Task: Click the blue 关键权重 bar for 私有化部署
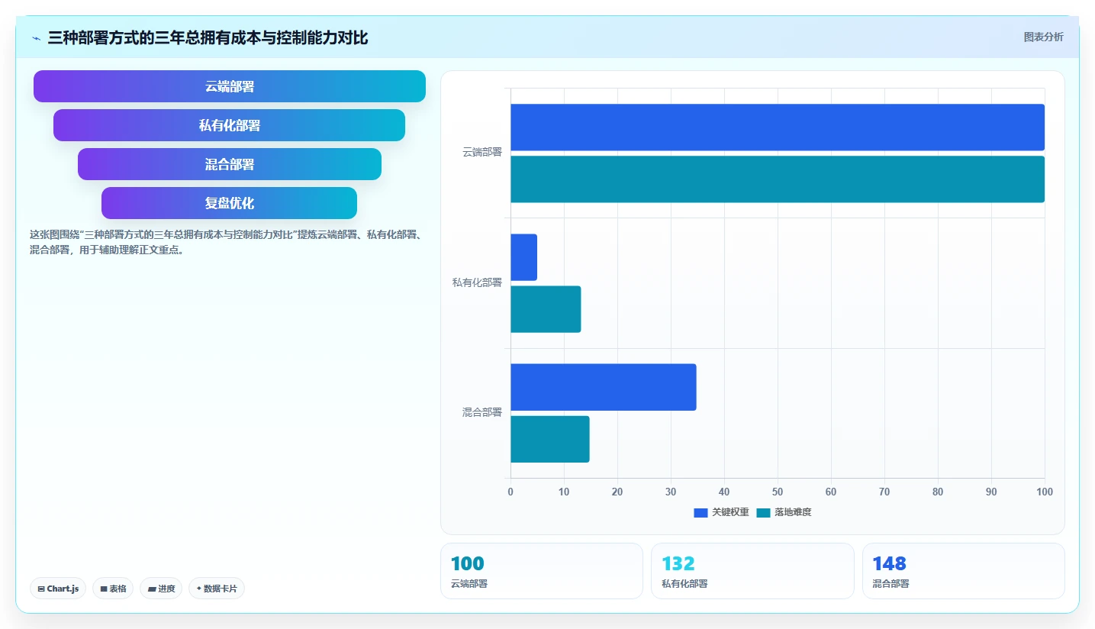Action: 524,257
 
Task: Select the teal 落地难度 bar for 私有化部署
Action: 546,309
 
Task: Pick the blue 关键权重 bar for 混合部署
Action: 604,387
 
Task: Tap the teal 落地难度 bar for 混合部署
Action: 550,439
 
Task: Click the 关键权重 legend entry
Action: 722,512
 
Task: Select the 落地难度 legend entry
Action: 784,512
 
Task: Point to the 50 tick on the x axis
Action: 778,492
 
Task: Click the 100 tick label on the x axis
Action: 1045,492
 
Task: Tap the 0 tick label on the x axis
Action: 510,492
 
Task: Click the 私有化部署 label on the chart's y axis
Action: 477,282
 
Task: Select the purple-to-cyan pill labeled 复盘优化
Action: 229,203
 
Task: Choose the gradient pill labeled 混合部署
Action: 229,164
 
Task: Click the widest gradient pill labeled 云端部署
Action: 229,86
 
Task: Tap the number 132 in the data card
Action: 678,563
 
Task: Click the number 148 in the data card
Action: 889,563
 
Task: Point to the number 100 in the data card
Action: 467,563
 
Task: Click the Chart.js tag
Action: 58,589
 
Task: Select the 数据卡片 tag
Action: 217,589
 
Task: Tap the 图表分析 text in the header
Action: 1044,37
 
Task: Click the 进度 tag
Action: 161,589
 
